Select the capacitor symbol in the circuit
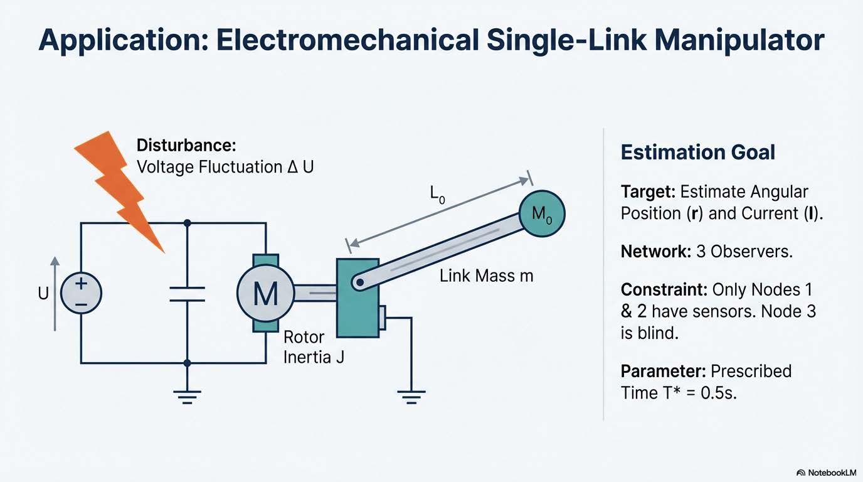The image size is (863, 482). (x=187, y=294)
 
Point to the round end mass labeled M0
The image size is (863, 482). (x=542, y=214)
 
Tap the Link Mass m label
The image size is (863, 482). (x=486, y=275)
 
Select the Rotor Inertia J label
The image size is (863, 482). (x=314, y=347)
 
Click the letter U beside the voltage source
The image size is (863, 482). (x=43, y=293)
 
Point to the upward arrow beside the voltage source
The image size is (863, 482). (x=55, y=293)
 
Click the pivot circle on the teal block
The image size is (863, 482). (x=359, y=282)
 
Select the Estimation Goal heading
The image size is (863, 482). (x=697, y=152)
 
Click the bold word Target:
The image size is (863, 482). (x=648, y=191)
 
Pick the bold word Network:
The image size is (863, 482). (x=653, y=252)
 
